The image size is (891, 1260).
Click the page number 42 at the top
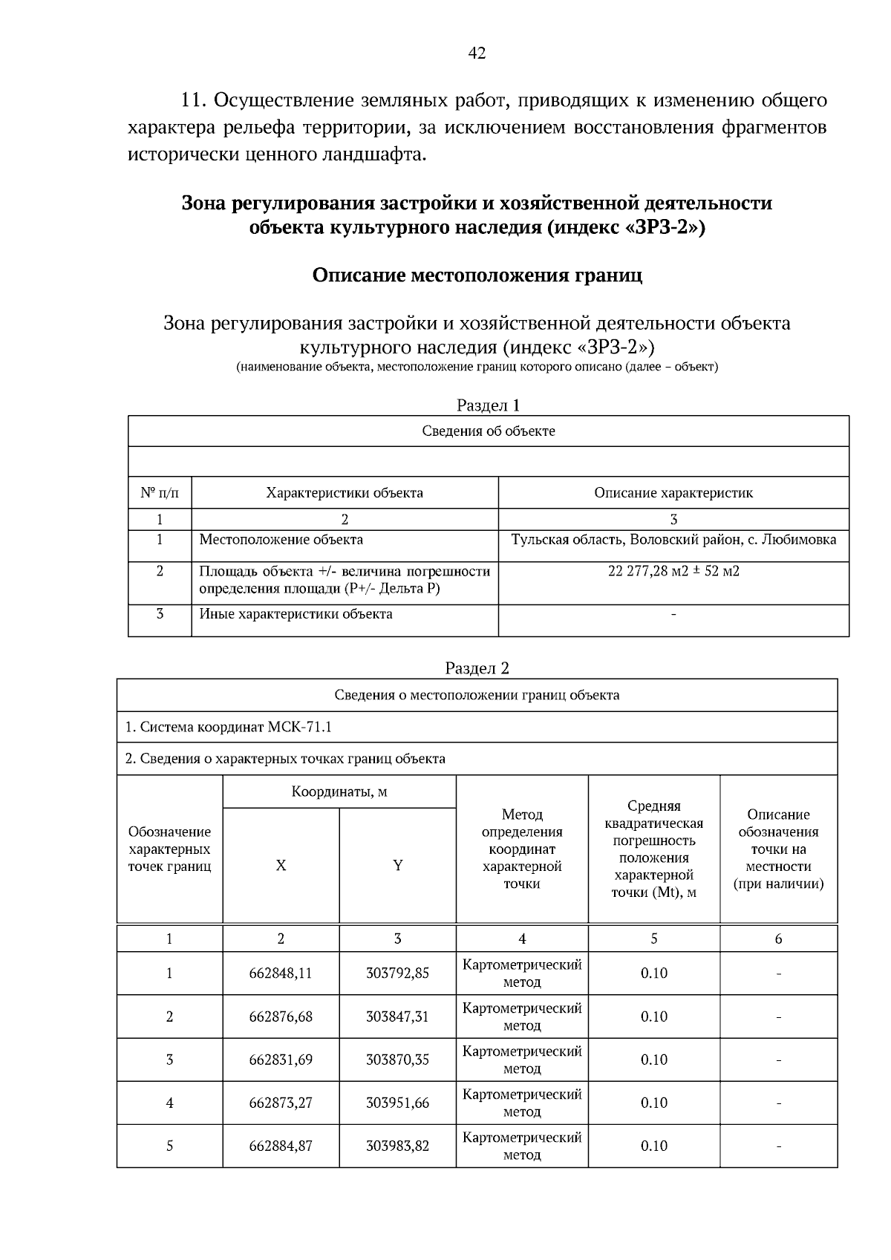pyautogui.click(x=477, y=53)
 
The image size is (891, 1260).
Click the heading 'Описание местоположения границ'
pyautogui.click(x=477, y=275)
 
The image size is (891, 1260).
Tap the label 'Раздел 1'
pyautogui.click(x=488, y=405)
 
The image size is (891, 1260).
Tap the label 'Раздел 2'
pyautogui.click(x=477, y=667)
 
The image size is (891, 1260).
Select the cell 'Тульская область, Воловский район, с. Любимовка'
pyautogui.click(x=673, y=540)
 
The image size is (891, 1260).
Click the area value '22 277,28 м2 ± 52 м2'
pyautogui.click(x=673, y=571)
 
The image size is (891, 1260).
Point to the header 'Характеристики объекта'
pyautogui.click(x=345, y=493)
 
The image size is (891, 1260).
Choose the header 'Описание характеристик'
pyautogui.click(x=673, y=493)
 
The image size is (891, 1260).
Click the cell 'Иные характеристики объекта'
pyautogui.click(x=296, y=614)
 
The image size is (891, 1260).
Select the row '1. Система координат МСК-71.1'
pyautogui.click(x=229, y=727)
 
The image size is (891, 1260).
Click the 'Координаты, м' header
pyautogui.click(x=339, y=791)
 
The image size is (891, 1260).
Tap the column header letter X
pyautogui.click(x=281, y=866)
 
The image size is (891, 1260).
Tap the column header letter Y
pyautogui.click(x=398, y=866)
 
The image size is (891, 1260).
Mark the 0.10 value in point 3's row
pyautogui.click(x=653, y=1060)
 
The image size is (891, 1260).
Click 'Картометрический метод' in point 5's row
pyautogui.click(x=522, y=1146)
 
